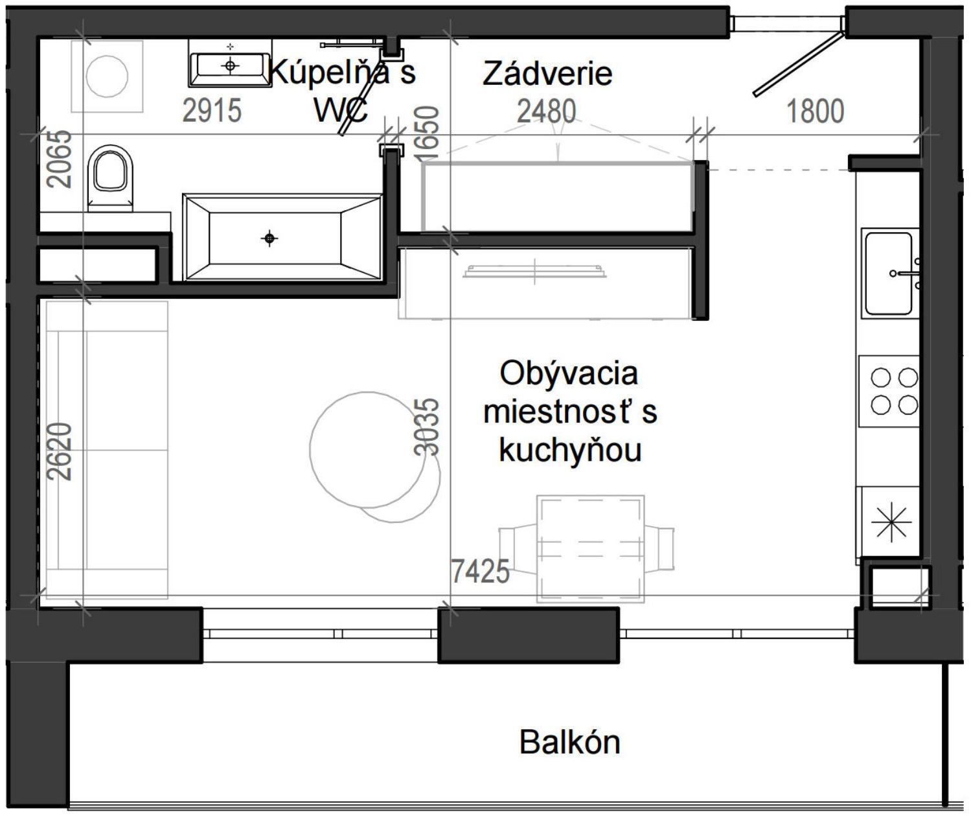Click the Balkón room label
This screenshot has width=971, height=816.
[x=569, y=742]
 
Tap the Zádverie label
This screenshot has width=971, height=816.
[x=547, y=74]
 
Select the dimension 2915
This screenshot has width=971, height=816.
[x=212, y=111]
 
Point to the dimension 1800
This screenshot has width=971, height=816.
[x=815, y=111]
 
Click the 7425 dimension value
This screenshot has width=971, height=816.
[x=480, y=572]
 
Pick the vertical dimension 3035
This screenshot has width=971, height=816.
[x=427, y=427]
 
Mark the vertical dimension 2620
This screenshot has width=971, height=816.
[x=61, y=451]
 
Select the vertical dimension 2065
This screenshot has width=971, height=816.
[x=61, y=159]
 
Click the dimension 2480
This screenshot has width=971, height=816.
[x=546, y=111]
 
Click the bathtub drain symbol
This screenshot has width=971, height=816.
[x=269, y=239]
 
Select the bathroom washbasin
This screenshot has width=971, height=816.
[x=230, y=64]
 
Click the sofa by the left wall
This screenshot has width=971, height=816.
[x=107, y=450]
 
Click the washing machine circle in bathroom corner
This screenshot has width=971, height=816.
[x=108, y=76]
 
